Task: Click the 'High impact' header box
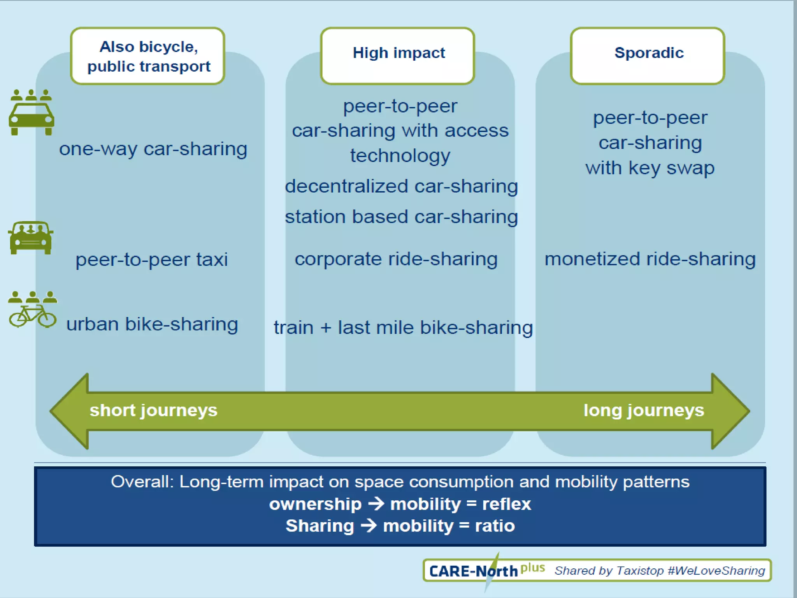point(398,55)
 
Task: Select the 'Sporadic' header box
point(648,55)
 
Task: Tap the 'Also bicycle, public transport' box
point(148,56)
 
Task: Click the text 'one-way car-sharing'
point(153,149)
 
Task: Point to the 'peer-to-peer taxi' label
point(151,260)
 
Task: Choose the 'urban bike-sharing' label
point(152,324)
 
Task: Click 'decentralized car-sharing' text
point(401,186)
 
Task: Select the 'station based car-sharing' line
point(401,217)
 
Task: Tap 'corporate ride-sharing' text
point(396,259)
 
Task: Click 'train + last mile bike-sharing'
point(403,327)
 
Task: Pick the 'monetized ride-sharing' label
point(650,259)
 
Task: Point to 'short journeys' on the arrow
point(153,410)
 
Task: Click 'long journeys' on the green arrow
point(644,410)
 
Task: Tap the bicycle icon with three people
point(32,310)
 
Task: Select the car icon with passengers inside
point(30,238)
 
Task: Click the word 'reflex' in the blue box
point(506,504)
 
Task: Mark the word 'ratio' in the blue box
point(495,526)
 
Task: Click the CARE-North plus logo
point(486,571)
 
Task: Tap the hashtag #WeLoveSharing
point(716,571)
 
